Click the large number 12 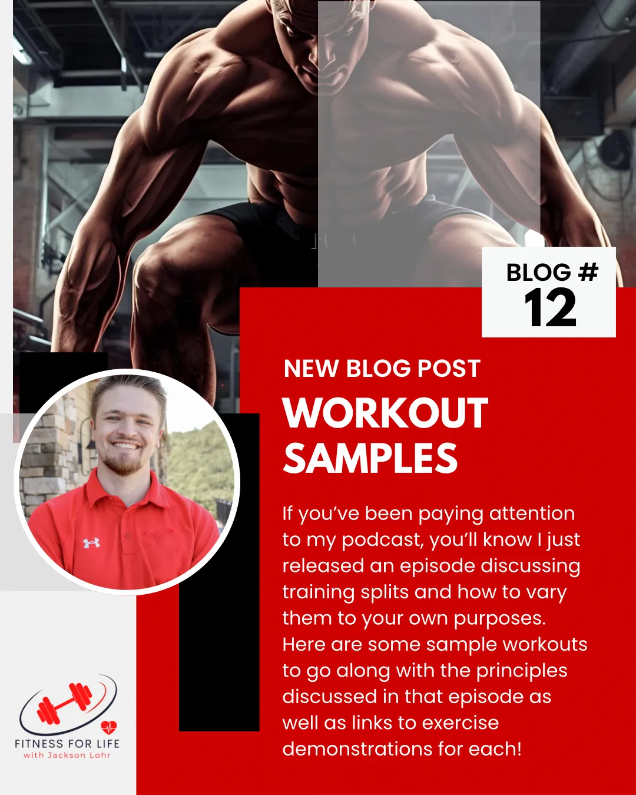550,308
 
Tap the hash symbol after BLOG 588,272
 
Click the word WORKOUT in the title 385,413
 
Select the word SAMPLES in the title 370,459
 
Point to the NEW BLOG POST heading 382,369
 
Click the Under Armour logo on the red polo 91,543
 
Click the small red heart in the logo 109,727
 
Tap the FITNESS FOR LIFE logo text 67,744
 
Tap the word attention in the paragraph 532,514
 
